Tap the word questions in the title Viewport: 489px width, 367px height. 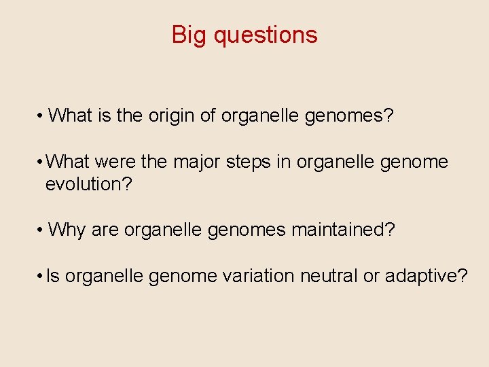pyautogui.click(x=266, y=35)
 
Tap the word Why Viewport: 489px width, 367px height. pyautogui.click(x=67, y=230)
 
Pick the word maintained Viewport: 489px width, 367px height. pyautogui.click(x=343, y=230)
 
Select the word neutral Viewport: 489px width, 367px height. pyautogui.click(x=327, y=277)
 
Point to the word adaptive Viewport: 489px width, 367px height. pyautogui.click(x=426, y=277)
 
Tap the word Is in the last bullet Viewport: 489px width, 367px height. pyautogui.click(x=53, y=277)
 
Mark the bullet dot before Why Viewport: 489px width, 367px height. pyautogui.click(x=41, y=230)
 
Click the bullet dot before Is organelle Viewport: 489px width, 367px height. pyautogui.click(x=41, y=277)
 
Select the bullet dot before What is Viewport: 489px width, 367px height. pyautogui.click(x=41, y=116)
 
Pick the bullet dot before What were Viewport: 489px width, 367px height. pyautogui.click(x=41, y=163)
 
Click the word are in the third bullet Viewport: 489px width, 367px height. pyautogui.click(x=105, y=230)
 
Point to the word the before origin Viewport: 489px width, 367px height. pyautogui.click(x=129, y=116)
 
